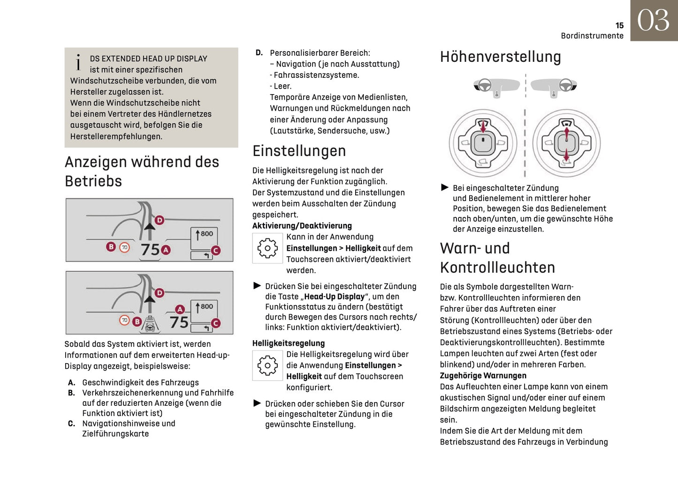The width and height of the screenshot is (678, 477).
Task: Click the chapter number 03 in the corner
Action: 653,21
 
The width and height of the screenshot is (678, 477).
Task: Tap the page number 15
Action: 619,26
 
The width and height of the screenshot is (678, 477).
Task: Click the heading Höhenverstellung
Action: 500,57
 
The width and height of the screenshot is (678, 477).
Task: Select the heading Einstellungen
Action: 299,151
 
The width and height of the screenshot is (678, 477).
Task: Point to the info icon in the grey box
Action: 78,62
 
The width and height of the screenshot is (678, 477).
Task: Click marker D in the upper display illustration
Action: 160,220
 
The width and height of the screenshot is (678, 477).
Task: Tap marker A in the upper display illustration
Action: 166,250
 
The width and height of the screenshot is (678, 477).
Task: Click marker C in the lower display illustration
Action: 216,323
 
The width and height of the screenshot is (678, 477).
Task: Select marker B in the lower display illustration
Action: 137,321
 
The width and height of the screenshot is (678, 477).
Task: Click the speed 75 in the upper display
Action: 151,250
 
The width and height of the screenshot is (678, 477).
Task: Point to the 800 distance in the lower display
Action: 206,306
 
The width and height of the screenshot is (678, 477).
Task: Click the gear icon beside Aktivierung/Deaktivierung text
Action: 267,248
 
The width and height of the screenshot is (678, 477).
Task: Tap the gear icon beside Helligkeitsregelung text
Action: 267,365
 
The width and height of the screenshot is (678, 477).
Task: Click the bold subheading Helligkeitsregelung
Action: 289,343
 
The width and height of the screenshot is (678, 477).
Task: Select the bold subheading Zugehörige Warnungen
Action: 483,375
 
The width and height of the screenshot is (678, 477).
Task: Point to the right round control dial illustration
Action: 566,143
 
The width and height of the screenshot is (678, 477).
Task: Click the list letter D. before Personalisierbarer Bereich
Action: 259,53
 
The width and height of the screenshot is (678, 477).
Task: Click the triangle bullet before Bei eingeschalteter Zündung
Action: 445,187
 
